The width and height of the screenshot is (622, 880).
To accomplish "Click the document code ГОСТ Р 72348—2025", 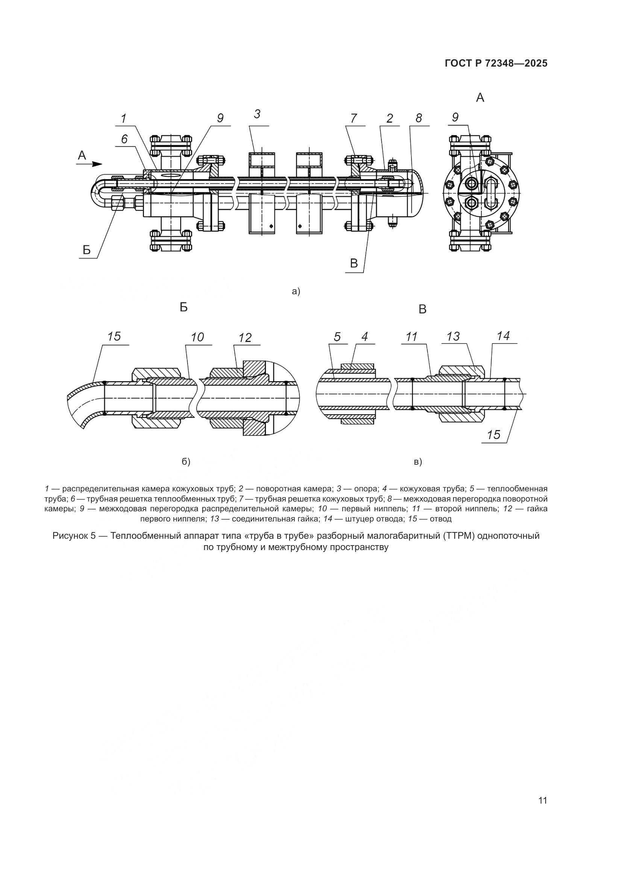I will (496, 64).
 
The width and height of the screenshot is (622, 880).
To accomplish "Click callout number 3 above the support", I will (257, 114).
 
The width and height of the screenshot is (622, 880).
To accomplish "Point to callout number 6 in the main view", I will (124, 139).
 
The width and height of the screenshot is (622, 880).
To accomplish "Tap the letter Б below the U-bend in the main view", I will (87, 250).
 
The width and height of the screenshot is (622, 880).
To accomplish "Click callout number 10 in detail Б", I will (197, 337).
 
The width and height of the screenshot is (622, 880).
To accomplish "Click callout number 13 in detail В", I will (453, 336).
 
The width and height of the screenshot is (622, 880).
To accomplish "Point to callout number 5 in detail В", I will (337, 337).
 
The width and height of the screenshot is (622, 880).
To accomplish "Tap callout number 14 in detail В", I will (503, 336).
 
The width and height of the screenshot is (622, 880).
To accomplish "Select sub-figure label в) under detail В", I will (418, 462).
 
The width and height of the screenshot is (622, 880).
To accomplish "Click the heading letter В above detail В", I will (422, 310).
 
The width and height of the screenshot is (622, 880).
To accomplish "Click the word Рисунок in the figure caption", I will (70, 536).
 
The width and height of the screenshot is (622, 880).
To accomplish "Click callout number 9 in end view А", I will (455, 117).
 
